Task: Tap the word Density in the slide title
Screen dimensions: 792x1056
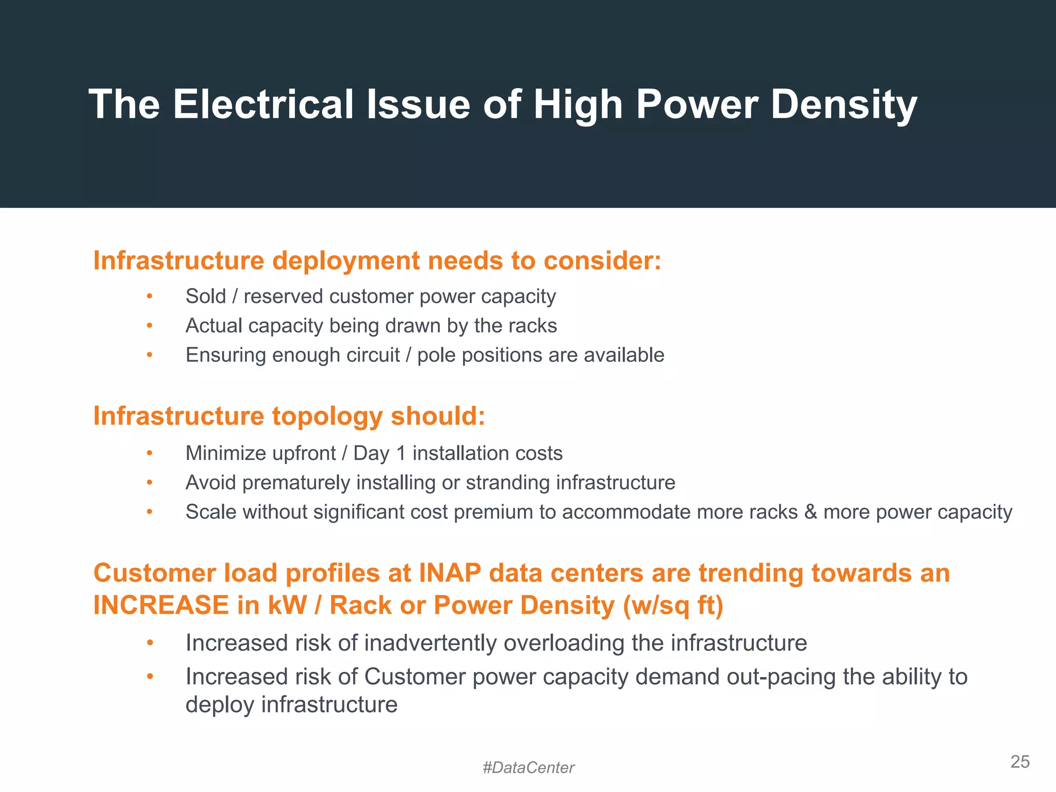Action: [844, 105]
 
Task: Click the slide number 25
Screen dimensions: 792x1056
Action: [1019, 762]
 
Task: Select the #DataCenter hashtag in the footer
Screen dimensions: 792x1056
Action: [528, 768]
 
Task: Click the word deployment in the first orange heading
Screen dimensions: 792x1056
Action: [346, 261]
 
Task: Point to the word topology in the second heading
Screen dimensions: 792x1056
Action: [327, 416]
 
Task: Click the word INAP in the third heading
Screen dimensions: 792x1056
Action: [450, 573]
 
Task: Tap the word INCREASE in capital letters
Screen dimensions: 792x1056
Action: [161, 605]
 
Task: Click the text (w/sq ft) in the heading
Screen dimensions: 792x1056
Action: [673, 605]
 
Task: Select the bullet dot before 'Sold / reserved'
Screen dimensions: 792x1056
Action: [150, 296]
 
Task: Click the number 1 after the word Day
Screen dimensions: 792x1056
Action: [401, 453]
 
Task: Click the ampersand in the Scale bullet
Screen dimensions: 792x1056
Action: [811, 512]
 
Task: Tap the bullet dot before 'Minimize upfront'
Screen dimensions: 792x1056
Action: [150, 453]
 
